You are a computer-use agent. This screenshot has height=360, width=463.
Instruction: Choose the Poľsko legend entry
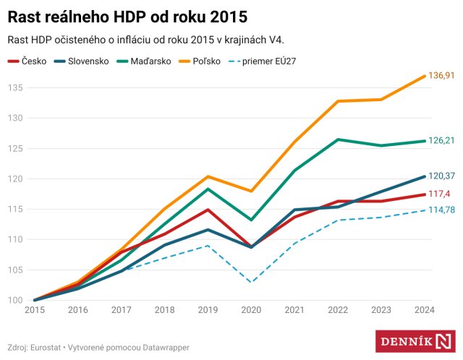(x=209, y=61)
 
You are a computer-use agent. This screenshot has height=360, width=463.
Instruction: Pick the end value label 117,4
(x=438, y=194)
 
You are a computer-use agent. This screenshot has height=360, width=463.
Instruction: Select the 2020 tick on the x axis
(x=251, y=310)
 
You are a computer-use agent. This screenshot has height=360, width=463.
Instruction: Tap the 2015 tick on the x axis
(x=34, y=310)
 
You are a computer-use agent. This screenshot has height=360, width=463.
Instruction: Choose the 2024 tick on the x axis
(x=424, y=310)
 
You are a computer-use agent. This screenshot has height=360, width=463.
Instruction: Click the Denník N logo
(x=415, y=341)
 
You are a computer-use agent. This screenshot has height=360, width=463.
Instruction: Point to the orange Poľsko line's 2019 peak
(x=208, y=176)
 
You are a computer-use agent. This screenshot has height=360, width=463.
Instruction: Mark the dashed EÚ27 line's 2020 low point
(x=251, y=282)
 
